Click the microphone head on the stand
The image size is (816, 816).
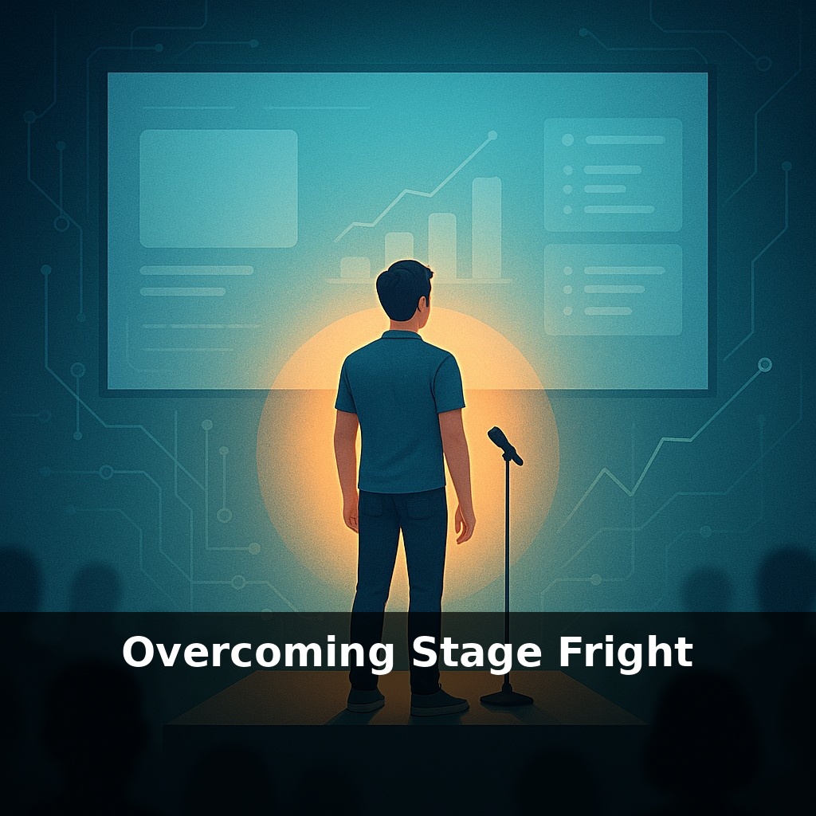504,445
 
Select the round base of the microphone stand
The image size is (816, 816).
506,698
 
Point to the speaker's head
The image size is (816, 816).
404,293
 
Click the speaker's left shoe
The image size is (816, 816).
366,699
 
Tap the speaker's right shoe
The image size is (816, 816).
437,703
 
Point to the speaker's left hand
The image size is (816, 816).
351,514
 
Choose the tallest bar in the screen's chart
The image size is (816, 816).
486,227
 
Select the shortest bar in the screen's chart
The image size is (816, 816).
355,267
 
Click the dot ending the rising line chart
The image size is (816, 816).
492,135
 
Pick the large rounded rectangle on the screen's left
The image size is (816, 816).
218,188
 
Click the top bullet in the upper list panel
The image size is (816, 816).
567,139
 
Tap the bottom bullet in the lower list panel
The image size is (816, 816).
567,311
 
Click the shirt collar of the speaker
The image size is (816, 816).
401,335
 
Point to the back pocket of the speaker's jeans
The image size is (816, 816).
426,510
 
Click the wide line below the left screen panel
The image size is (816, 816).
196,270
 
